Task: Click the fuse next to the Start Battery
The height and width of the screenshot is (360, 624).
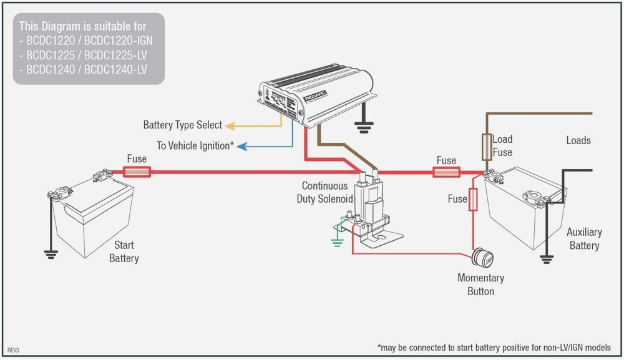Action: [x=137, y=171]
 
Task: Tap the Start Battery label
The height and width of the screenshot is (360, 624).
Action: [x=124, y=251]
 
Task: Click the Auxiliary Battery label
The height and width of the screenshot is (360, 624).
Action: [x=584, y=238]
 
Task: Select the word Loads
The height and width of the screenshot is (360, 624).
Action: [x=578, y=140]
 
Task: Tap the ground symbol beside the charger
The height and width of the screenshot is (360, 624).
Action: [x=363, y=128]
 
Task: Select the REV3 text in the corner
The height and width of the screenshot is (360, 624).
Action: [x=14, y=351]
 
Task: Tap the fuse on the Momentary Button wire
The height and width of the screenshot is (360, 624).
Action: [x=473, y=200]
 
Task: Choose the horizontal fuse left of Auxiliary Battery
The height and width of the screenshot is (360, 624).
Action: [x=446, y=171]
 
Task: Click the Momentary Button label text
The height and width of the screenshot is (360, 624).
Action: [x=480, y=285]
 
